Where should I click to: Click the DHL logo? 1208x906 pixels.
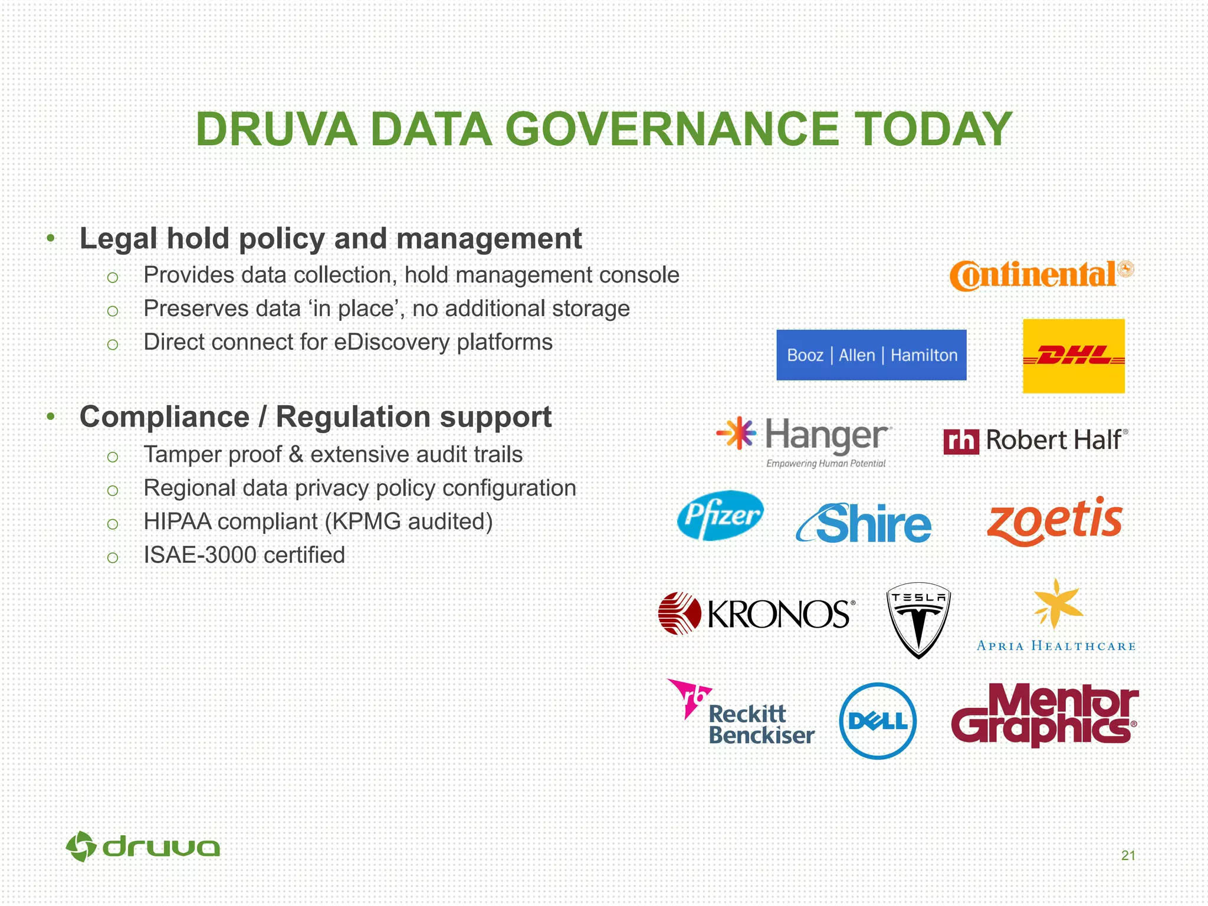1074,356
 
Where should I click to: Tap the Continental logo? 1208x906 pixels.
1041,275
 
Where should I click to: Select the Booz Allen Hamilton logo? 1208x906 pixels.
871,355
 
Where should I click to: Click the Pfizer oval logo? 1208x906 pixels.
720,516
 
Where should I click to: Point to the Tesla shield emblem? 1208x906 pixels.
918,620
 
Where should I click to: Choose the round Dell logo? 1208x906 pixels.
878,721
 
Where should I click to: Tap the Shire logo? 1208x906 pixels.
864,523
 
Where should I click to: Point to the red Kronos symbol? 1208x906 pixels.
679,613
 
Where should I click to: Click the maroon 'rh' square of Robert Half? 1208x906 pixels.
961,441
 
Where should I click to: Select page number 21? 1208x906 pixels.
1128,855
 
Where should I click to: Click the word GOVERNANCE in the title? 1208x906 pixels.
672,130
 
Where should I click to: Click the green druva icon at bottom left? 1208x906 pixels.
81,847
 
